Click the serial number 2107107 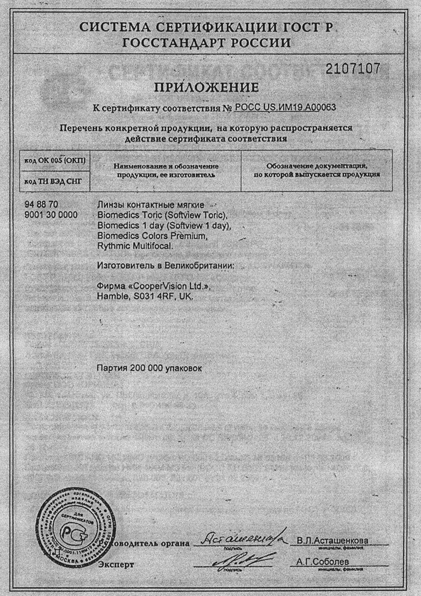353,69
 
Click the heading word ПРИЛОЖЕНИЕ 206,88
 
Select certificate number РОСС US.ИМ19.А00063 285,107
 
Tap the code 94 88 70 41,205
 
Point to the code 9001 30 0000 51,215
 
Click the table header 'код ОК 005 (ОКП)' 54,161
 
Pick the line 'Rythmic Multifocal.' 135,246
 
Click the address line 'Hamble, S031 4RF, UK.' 145,297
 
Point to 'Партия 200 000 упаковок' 149,368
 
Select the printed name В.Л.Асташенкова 332,540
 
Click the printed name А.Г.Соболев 322,561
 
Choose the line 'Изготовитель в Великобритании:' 165,266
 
